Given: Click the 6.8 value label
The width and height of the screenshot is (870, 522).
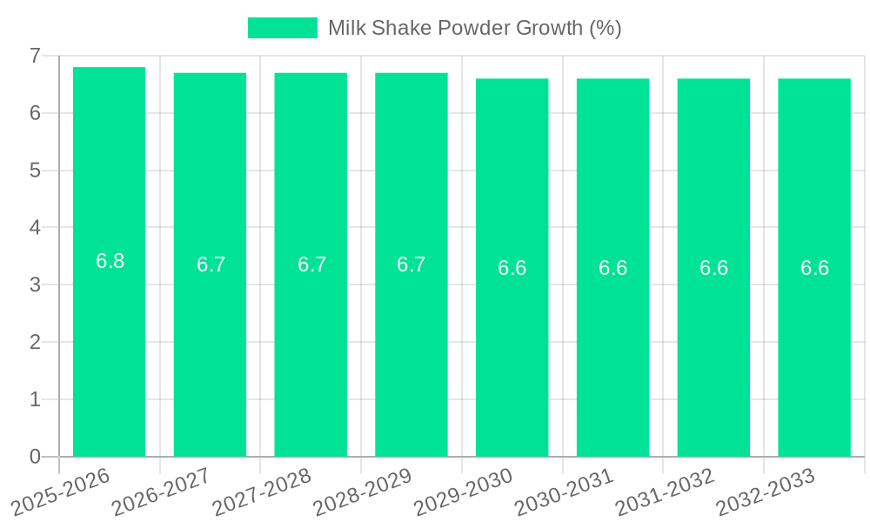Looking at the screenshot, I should tap(110, 261).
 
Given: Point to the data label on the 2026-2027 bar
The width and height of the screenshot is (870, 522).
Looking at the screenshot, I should tap(211, 264).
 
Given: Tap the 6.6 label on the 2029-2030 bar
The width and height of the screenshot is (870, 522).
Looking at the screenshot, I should tap(512, 268).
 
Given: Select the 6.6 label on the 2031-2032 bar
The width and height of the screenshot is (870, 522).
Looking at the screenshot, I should tap(713, 268).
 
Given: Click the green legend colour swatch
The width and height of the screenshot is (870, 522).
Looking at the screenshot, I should tap(283, 28).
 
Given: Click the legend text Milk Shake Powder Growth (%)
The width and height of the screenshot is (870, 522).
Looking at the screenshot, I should tap(474, 28).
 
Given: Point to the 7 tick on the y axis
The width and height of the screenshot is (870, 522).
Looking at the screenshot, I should tap(35, 56).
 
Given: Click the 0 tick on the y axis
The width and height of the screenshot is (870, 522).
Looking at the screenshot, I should tap(35, 457).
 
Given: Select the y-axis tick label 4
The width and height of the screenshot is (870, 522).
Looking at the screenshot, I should tap(35, 227).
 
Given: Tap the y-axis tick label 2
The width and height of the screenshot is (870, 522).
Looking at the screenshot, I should tap(35, 342).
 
